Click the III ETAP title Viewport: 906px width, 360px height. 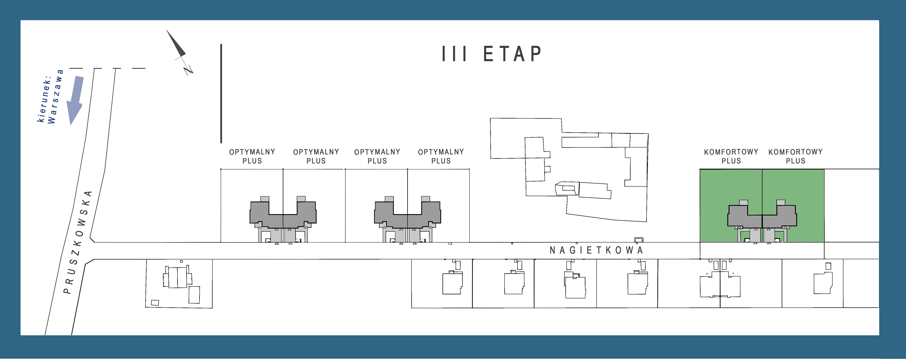point(492,54)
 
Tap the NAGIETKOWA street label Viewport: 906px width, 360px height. point(596,250)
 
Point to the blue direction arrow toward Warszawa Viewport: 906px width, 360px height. point(75,100)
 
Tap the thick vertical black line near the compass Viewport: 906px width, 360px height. point(221,93)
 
